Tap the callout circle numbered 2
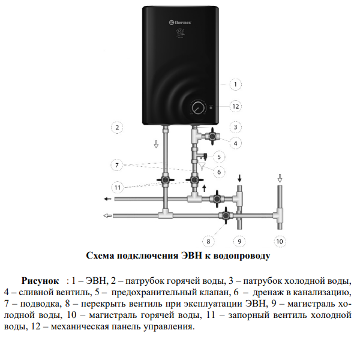pos(118,127)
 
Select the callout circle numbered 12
pos(236,106)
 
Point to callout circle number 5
pos(219,157)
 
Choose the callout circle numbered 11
pos(118,187)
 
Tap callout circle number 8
pos(209,241)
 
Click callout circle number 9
pos(239,241)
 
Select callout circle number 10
pos(279,241)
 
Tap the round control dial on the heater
pos(197,109)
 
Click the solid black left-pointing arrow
pos(107,199)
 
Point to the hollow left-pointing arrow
pos(107,215)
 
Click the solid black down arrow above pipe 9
pos(239,178)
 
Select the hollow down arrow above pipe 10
pos(279,178)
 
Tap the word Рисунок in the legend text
pos(40,280)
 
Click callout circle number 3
pos(236,127)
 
